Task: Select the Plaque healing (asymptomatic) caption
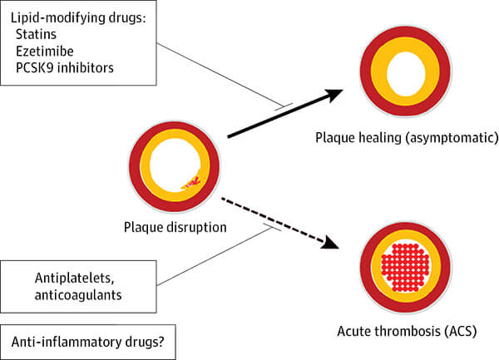[x=406, y=136]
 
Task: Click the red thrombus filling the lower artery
[x=403, y=265]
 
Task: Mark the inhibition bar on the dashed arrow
[x=270, y=225]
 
